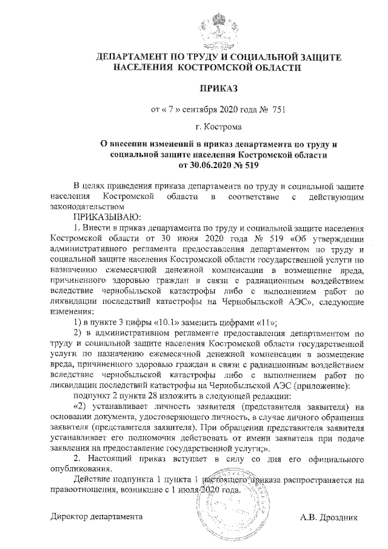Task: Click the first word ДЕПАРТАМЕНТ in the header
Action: pyautogui.click(x=130, y=56)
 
